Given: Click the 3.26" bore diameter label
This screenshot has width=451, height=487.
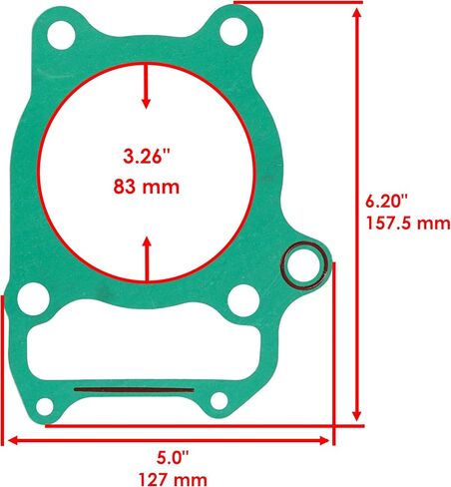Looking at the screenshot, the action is click(x=147, y=156).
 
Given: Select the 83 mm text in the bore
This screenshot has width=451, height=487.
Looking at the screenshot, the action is click(x=147, y=187).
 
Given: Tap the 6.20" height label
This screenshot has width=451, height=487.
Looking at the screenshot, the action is click(x=386, y=201).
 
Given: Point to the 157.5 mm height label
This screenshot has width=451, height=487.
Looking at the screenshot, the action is click(x=408, y=223).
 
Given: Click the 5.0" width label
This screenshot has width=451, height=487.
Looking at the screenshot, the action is click(x=173, y=458).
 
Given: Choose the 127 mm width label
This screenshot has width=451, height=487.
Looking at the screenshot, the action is click(x=173, y=480).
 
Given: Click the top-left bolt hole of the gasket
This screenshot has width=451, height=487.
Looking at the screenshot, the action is click(x=61, y=35).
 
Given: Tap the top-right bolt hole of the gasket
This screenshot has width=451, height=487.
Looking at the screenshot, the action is click(x=233, y=32).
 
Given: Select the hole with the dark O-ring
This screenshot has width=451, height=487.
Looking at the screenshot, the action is click(x=303, y=265).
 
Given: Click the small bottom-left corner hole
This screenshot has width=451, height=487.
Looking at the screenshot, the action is click(x=45, y=406).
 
